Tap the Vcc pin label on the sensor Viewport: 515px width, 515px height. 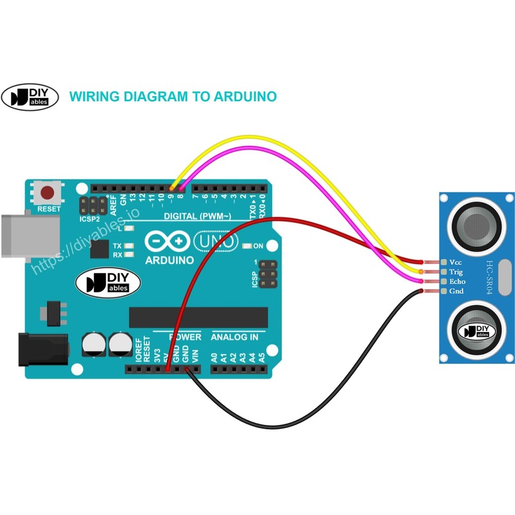click(456, 263)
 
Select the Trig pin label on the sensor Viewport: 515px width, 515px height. click(456, 272)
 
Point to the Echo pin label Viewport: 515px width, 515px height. click(457, 282)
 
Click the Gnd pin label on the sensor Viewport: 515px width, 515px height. click(456, 292)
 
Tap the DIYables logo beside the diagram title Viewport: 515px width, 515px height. click(30, 97)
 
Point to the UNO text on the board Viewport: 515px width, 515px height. click(215, 241)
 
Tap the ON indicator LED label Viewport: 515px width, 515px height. click(258, 246)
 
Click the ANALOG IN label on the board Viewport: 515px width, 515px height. click(235, 337)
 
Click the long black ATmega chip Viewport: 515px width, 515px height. click(198, 317)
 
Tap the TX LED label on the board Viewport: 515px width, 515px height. click(117, 246)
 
